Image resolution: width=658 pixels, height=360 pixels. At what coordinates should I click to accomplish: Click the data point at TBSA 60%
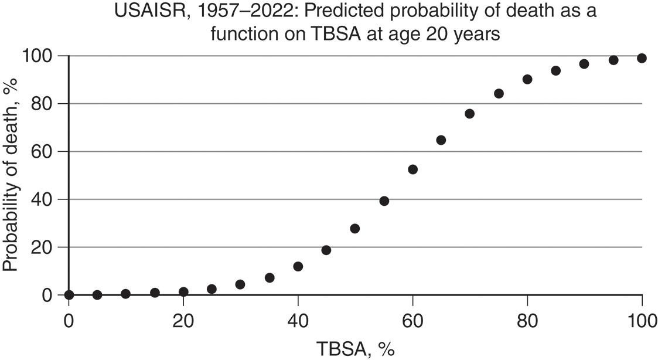point(412,169)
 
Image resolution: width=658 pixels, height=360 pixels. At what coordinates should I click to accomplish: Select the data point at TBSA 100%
point(642,58)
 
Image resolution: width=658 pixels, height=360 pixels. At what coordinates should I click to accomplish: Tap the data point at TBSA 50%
point(354,229)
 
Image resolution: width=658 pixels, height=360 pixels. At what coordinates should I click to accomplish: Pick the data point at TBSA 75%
point(499,93)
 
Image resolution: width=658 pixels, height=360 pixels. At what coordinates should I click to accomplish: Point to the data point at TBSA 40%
point(298,266)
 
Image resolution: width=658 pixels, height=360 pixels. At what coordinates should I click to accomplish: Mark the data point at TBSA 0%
point(69,294)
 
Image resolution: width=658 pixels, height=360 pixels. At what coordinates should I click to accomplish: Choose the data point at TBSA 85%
point(556,71)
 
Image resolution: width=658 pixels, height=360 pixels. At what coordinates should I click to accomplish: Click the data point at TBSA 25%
point(212,289)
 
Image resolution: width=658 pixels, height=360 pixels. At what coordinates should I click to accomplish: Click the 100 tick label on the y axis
point(40,56)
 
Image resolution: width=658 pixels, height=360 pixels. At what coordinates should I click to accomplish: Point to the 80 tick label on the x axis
point(527,321)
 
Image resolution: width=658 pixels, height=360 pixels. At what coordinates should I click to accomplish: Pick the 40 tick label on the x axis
point(298,321)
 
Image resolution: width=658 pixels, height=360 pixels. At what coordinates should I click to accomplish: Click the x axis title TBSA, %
point(356,350)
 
